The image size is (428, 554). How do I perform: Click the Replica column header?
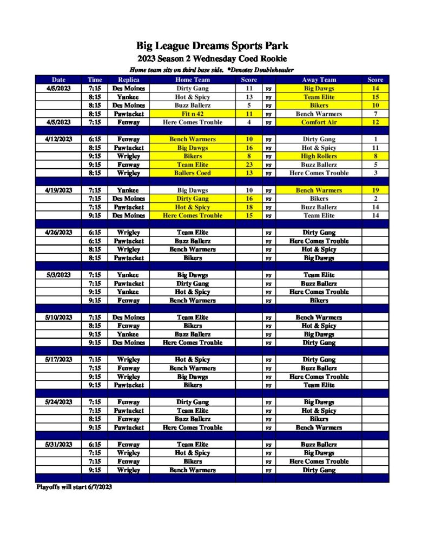pos(128,80)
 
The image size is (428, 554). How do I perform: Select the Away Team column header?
pos(319,80)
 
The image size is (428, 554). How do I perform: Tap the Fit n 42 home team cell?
pos(192,114)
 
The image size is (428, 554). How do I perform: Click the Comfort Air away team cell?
pos(319,122)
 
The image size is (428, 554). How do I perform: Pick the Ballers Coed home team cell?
pos(192,173)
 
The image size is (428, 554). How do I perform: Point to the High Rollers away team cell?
pos(319,156)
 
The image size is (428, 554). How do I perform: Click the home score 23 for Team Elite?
pos(249,164)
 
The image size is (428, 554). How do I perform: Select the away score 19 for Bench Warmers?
pos(375,190)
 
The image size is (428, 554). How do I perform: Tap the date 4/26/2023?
pos(58,232)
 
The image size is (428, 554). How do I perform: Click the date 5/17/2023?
pos(58,359)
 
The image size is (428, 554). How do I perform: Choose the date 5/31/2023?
pos(58,444)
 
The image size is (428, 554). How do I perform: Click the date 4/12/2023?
pos(58,139)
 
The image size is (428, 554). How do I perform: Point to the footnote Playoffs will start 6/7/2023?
pos(74,487)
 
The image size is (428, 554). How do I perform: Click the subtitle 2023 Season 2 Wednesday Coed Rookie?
pos(212,58)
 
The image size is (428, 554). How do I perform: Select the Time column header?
pos(95,80)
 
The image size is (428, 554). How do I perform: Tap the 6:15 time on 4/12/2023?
pos(95,139)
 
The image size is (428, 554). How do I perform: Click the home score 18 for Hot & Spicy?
pos(249,207)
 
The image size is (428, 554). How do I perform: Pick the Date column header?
pos(58,80)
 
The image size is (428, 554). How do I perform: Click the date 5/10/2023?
pos(58,317)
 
